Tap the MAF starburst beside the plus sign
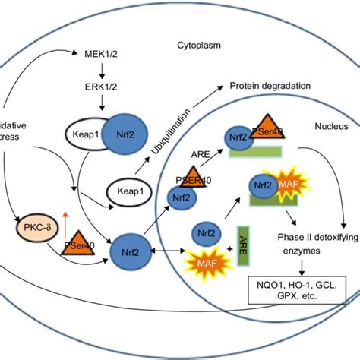pyautogui.click(x=202, y=264)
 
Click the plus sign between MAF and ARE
pyautogui.click(x=229, y=249)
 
